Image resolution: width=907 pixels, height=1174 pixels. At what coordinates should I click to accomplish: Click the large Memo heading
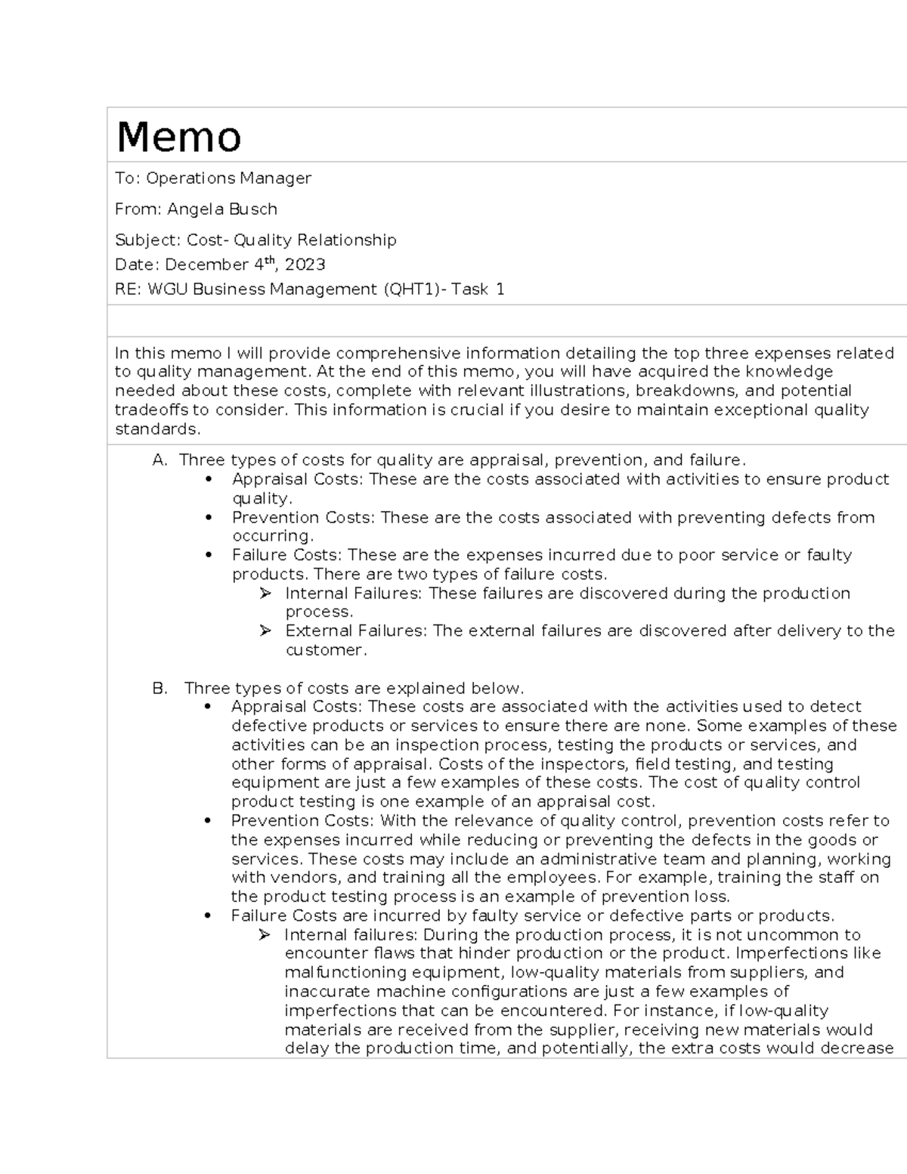pyautogui.click(x=178, y=137)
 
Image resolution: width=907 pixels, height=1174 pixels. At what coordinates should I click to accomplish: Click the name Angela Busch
pyautogui.click(x=222, y=209)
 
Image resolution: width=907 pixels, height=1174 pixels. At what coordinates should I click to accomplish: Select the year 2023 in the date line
pyautogui.click(x=305, y=265)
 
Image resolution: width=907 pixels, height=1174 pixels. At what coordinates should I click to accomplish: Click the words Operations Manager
pyautogui.click(x=228, y=178)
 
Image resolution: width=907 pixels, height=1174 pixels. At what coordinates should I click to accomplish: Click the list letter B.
pyautogui.click(x=159, y=689)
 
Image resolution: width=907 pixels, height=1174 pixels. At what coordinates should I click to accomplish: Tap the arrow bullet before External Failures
pyautogui.click(x=265, y=630)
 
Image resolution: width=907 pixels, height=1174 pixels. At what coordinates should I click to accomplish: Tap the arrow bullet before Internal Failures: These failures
pyautogui.click(x=265, y=593)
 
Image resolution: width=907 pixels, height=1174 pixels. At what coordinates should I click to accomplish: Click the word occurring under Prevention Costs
pyautogui.click(x=271, y=536)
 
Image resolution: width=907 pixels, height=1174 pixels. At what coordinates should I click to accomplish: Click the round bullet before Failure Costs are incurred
pyautogui.click(x=207, y=916)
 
